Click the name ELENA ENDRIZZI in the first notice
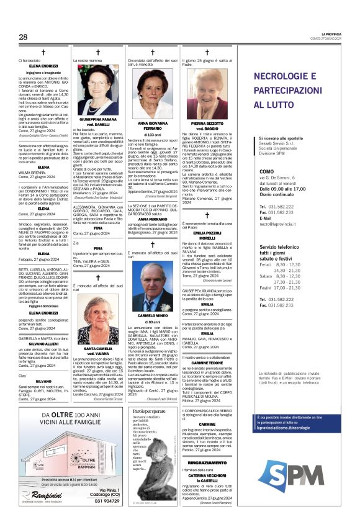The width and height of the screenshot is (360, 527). (x=43, y=65)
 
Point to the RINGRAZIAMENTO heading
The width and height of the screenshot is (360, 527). (x=207, y=462)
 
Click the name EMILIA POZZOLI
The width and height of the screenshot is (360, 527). (x=207, y=232)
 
